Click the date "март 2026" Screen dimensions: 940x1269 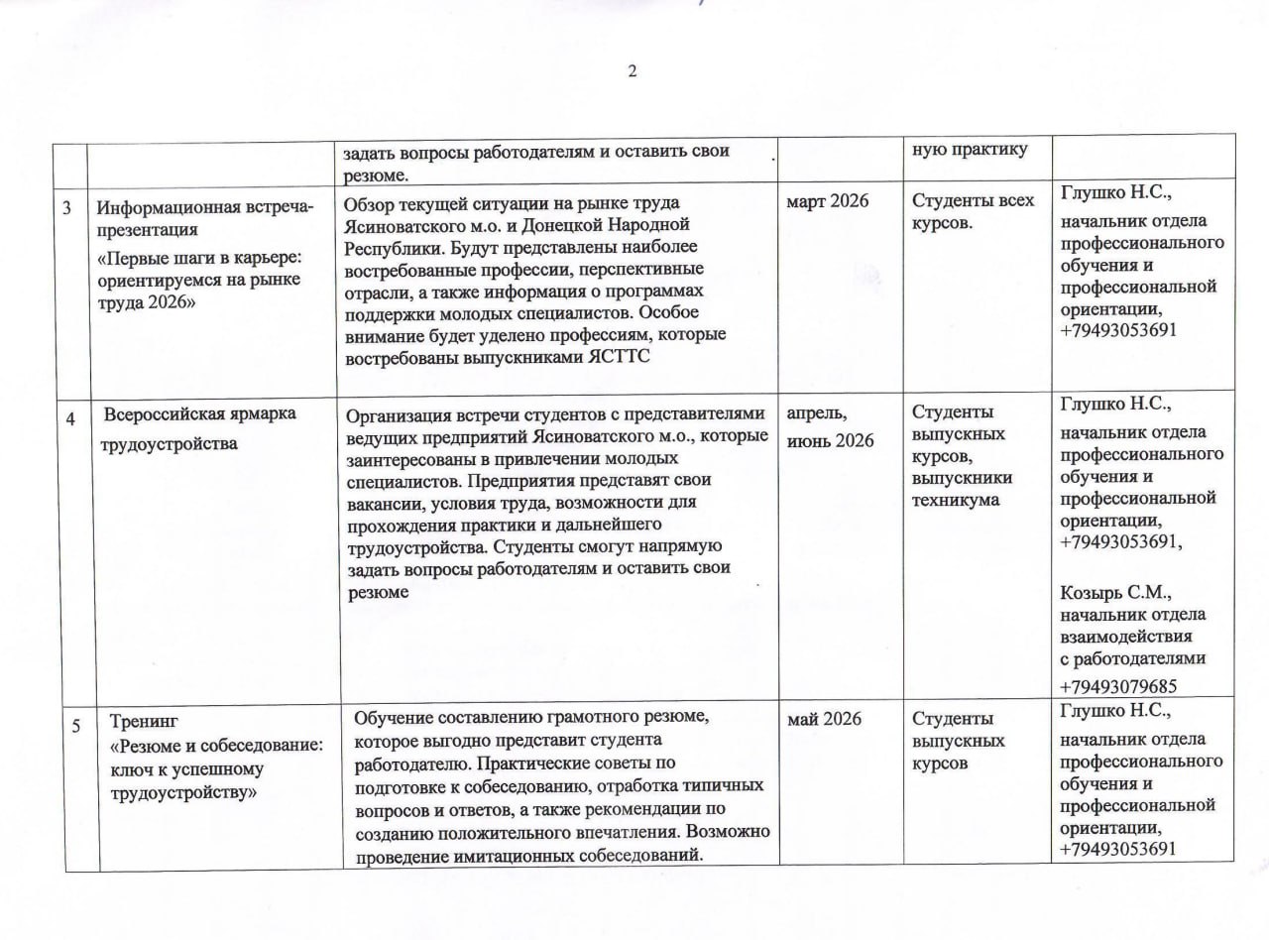(x=827, y=201)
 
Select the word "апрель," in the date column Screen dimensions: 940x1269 (x=817, y=414)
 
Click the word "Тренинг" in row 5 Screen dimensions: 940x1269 (x=144, y=720)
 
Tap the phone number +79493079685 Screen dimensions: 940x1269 (x=1118, y=686)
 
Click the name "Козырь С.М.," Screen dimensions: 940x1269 (x=1116, y=593)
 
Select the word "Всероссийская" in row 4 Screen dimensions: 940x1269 (x=167, y=413)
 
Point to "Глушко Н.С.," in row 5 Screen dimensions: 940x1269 (x=1116, y=710)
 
